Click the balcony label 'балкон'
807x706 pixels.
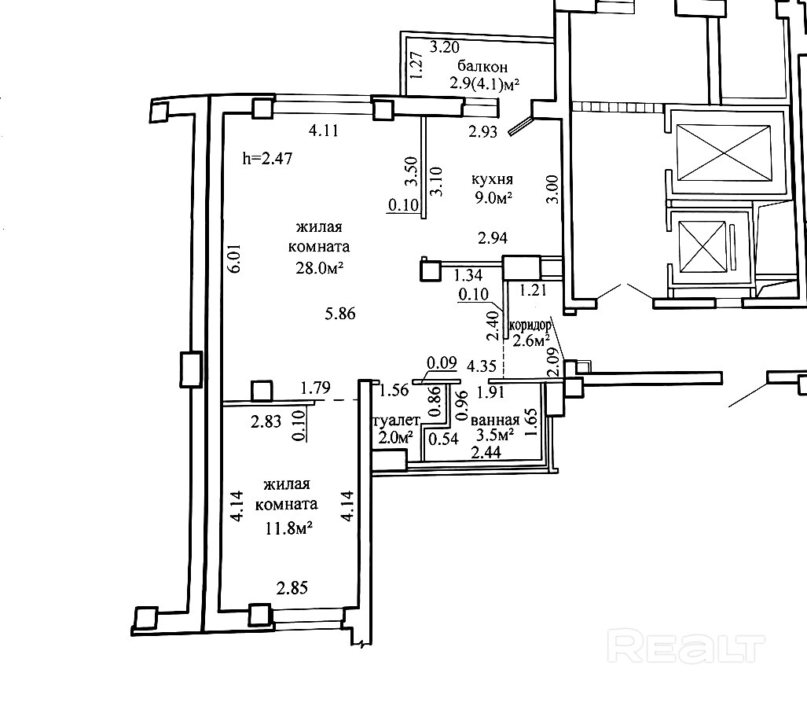(x=482, y=66)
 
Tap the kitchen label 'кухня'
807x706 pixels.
(x=492, y=179)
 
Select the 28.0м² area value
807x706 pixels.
(x=319, y=268)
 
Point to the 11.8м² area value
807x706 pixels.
(x=289, y=528)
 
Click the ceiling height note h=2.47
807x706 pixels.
(x=268, y=158)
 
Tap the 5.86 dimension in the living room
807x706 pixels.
(x=340, y=313)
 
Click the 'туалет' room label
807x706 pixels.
(x=396, y=421)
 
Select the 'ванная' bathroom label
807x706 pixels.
(x=495, y=420)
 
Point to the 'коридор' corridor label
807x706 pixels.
(x=530, y=325)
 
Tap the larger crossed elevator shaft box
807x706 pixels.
(x=724, y=153)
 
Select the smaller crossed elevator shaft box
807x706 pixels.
(x=702, y=246)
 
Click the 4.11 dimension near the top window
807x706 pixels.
(x=324, y=131)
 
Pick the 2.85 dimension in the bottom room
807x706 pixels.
(x=292, y=587)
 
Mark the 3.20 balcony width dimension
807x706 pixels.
(x=444, y=47)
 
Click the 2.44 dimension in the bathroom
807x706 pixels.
(x=486, y=452)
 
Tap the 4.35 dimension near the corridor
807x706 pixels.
(x=481, y=366)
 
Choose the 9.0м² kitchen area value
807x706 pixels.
(x=493, y=197)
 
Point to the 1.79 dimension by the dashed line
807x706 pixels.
(x=315, y=388)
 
